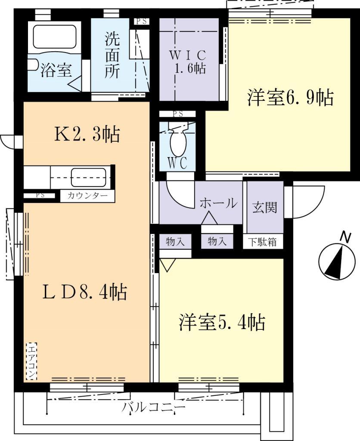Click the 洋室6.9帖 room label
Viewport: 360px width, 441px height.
[290, 98]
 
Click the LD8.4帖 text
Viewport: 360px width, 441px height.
[84, 292]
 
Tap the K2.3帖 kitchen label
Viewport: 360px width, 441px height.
[87, 135]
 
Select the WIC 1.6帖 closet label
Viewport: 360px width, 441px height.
[188, 62]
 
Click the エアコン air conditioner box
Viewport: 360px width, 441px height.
[31, 361]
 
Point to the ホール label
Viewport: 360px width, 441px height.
[218, 203]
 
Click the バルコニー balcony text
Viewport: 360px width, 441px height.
[154, 407]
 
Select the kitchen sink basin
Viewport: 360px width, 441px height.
[88, 177]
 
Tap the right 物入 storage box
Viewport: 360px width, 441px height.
[217, 242]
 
